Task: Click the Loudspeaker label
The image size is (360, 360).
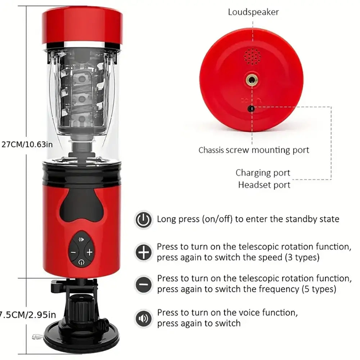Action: click(x=253, y=12)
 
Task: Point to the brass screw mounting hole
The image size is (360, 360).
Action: click(x=251, y=80)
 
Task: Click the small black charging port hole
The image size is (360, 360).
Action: click(x=252, y=108)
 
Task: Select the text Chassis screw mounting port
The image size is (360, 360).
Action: click(x=254, y=150)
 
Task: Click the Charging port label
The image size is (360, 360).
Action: click(x=263, y=173)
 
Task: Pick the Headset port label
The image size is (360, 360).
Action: click(x=264, y=185)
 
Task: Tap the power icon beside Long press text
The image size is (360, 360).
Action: click(x=143, y=219)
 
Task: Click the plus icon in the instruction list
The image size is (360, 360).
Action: click(x=143, y=252)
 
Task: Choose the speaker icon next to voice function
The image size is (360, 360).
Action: click(x=143, y=318)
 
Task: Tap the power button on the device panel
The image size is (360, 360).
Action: click(x=81, y=262)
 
